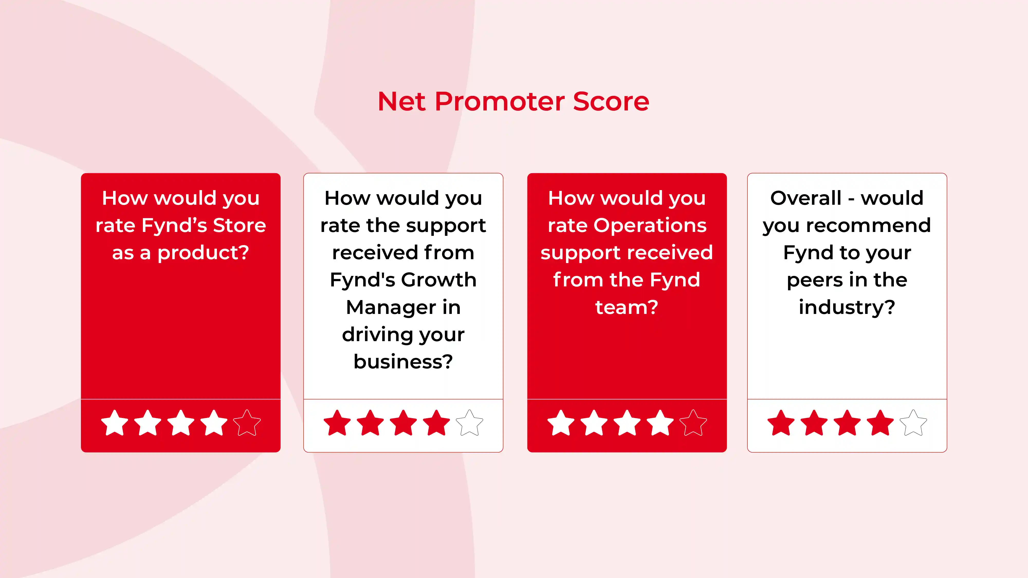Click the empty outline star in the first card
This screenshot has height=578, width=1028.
(247, 423)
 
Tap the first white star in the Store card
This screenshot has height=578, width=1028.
(115, 423)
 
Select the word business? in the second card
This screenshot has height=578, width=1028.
(403, 362)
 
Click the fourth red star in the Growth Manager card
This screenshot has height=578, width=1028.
(436, 423)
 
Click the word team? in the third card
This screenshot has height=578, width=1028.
(627, 307)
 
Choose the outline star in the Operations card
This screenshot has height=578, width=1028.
(693, 423)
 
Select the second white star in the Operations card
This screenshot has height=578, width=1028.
(594, 423)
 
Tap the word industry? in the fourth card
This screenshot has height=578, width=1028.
(847, 307)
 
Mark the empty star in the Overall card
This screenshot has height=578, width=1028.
(913, 423)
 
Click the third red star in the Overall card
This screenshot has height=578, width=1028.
(847, 423)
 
